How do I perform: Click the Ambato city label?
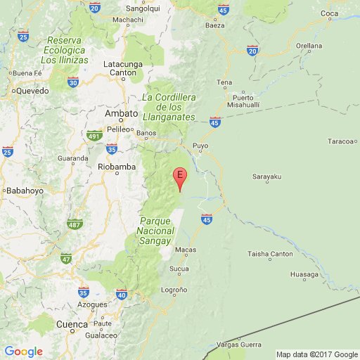pos(116,113)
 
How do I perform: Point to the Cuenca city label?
pos(72,324)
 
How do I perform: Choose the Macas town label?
pos(184,249)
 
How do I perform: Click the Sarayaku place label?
pos(266,178)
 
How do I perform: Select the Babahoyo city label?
pos(25,190)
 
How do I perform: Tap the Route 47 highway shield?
pos(67,259)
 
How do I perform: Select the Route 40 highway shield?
pos(122,295)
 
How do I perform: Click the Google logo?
pos(23,352)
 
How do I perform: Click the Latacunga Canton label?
pos(123,68)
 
